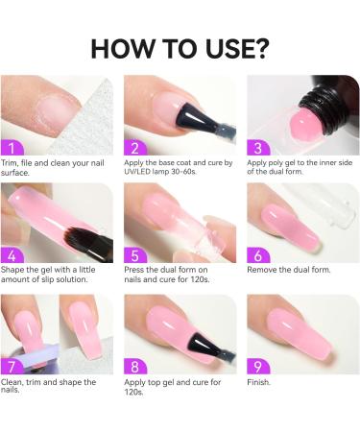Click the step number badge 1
click(x=12, y=149)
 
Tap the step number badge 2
click(x=135, y=149)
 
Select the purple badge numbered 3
click(x=258, y=149)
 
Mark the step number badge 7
click(x=12, y=365)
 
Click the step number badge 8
click(x=135, y=365)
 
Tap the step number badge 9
click(x=258, y=365)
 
